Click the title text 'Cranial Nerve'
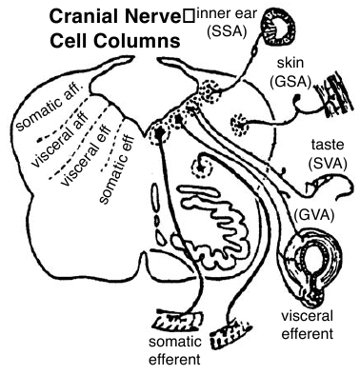[x=115, y=16]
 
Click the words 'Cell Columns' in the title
[x=115, y=41]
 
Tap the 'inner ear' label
[x=227, y=14]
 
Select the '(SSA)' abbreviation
[x=227, y=31]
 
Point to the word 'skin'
[x=290, y=63]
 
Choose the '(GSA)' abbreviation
[x=290, y=82]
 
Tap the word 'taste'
[x=328, y=146]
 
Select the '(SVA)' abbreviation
[x=327, y=164]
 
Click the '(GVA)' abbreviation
[x=314, y=216]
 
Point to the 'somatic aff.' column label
[x=50, y=109]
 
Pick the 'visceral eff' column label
[x=86, y=155]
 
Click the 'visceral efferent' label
[x=308, y=325]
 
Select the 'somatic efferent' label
[x=175, y=350]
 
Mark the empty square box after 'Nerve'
[x=189, y=16]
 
